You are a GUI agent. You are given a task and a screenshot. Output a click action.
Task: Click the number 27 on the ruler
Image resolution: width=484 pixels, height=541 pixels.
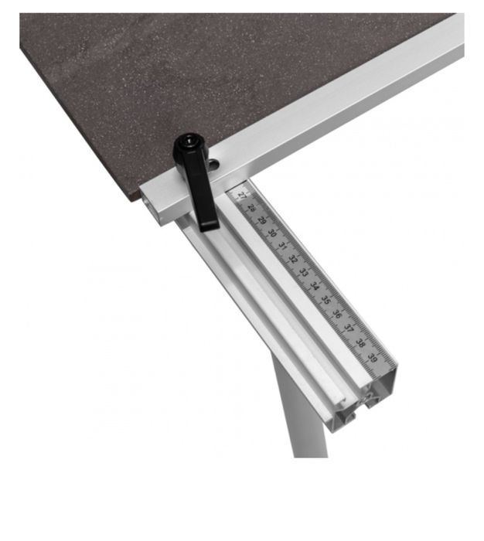pyautogui.click(x=242, y=196)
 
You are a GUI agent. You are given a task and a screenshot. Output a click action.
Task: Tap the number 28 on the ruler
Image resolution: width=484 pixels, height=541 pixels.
pyautogui.click(x=252, y=208)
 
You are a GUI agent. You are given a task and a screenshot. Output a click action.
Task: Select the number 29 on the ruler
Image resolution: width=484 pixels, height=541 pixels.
pyautogui.click(x=262, y=220)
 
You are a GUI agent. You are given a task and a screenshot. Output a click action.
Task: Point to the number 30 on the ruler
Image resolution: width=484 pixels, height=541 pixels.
pyautogui.click(x=272, y=233)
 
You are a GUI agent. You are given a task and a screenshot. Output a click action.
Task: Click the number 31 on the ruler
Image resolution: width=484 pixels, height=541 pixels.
pyautogui.click(x=282, y=246)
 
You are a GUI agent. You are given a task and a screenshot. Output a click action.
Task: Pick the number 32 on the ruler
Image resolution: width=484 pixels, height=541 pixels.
pyautogui.click(x=293, y=259)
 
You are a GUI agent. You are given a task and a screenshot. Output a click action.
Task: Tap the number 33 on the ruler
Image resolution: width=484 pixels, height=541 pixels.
pyautogui.click(x=303, y=272)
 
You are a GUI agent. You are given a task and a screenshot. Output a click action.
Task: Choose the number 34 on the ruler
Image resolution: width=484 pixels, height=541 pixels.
pyautogui.click(x=315, y=286)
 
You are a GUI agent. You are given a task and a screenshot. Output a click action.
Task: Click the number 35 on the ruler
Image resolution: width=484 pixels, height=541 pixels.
pyautogui.click(x=326, y=300)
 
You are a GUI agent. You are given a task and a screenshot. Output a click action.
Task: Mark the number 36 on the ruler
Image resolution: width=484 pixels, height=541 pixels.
pyautogui.click(x=337, y=314)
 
